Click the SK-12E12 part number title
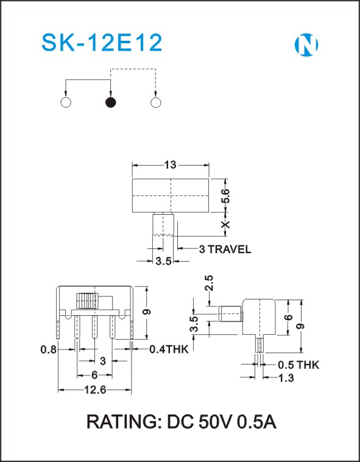102,43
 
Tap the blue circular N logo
306,45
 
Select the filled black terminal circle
111,102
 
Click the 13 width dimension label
170,165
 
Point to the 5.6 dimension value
227,195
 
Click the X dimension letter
226,224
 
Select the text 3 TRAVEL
225,250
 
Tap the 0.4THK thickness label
169,349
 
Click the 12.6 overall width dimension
95,390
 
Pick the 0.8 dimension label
48,349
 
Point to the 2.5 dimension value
209,283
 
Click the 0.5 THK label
298,365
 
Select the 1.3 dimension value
286,378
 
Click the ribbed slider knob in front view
87,301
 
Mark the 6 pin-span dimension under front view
94,375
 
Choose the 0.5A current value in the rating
257,422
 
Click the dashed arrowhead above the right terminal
155,93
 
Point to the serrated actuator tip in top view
163,235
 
